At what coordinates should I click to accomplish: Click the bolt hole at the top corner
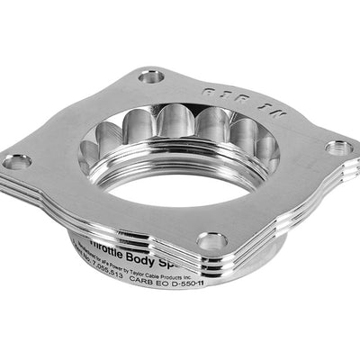point(152,76)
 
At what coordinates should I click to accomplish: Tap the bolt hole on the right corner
point(338,148)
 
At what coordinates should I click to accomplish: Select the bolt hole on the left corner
point(17,162)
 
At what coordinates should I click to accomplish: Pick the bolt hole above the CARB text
point(211,241)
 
